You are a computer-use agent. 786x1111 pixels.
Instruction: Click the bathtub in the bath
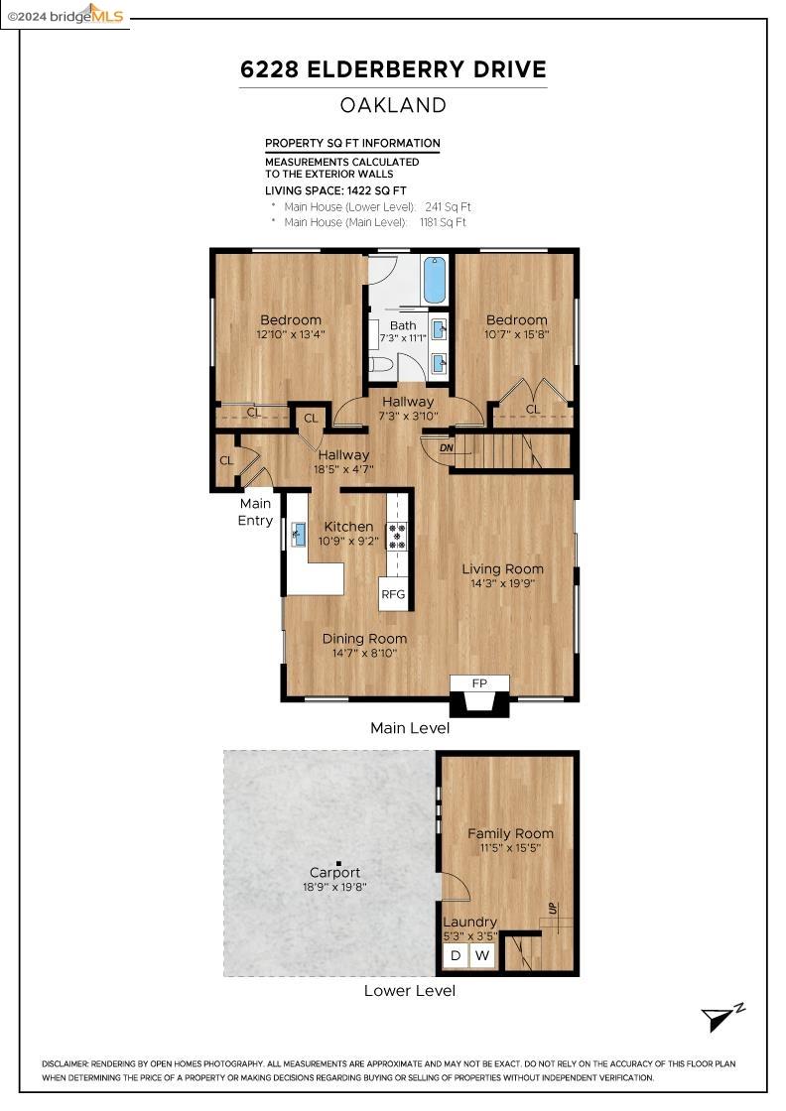435,281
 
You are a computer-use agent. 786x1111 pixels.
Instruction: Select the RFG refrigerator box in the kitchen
394,594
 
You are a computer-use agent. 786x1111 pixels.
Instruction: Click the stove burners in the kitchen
397,536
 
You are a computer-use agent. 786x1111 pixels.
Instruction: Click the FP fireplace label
479,683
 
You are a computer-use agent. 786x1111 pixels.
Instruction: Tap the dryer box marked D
456,956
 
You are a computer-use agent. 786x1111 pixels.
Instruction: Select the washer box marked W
482,956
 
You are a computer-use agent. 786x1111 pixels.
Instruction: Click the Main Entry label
255,512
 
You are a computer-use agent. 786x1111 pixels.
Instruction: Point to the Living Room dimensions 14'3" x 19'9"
502,583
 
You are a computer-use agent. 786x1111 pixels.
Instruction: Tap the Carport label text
335,872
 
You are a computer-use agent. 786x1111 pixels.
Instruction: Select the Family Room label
510,833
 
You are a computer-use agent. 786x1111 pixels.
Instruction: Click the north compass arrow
720,1018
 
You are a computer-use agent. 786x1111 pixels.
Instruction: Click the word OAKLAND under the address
393,105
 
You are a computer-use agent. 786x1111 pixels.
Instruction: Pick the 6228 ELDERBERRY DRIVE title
393,69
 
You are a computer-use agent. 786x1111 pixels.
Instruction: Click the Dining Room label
364,639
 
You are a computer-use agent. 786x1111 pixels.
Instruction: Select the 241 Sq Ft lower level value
448,206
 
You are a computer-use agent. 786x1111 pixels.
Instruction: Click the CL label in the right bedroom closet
533,409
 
